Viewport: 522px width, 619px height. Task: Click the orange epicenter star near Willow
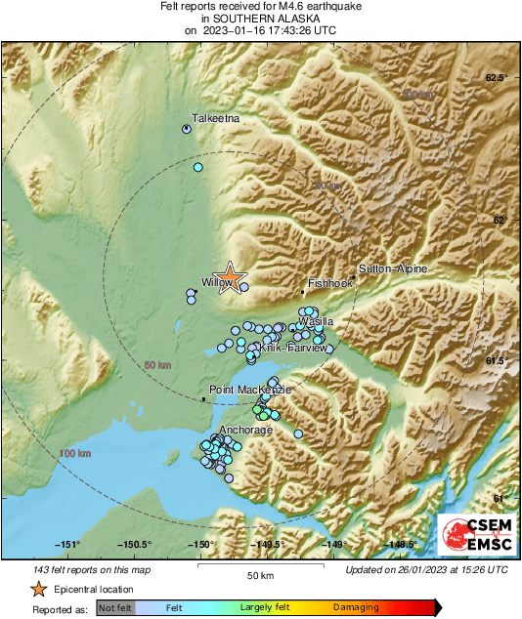[x=230, y=277]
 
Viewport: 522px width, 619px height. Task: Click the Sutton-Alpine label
[x=393, y=268]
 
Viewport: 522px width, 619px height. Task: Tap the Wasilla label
[x=317, y=320]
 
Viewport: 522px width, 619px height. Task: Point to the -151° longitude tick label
[x=66, y=545]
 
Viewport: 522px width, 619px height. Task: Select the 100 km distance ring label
[x=73, y=454]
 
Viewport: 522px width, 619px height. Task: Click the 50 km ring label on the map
[x=156, y=365]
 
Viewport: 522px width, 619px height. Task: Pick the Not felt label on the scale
[x=114, y=607]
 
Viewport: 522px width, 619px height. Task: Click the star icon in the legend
[x=38, y=589]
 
